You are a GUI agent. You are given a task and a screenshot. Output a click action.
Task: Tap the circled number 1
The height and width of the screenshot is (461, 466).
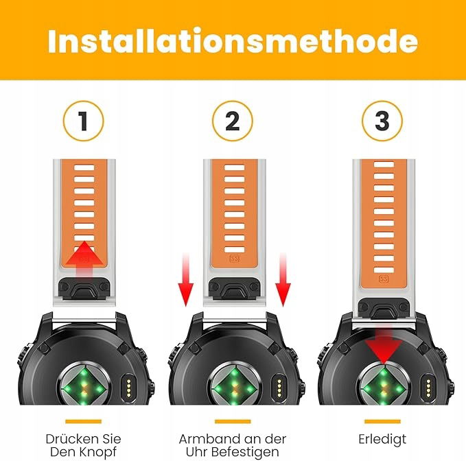84,121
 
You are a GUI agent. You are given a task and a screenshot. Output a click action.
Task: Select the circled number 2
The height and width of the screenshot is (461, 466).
233,121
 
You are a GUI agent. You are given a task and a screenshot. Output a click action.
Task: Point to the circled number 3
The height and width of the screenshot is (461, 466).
382,121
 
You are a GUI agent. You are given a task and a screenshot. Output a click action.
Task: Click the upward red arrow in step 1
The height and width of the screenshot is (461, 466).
84,259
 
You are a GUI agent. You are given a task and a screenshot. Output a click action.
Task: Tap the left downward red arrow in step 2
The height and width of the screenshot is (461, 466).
186,279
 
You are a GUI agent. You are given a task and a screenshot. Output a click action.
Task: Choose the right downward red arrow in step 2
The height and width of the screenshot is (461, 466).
283,279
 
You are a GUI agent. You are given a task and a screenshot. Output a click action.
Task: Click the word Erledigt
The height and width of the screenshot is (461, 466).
382,439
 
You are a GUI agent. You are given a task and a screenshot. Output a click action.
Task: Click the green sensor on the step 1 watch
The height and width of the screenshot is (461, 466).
84,387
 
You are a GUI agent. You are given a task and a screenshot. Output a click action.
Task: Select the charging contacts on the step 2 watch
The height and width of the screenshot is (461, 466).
279,388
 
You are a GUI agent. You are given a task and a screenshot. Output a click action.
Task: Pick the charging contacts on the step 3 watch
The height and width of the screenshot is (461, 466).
428,388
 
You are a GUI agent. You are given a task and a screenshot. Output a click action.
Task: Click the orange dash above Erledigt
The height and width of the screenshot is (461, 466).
382,421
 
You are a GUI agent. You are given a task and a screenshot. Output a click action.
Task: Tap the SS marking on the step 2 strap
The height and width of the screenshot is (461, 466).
235,259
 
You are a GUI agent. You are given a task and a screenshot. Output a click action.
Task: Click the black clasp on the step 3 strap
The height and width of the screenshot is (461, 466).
384,308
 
